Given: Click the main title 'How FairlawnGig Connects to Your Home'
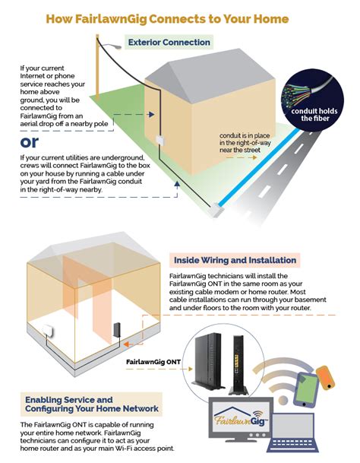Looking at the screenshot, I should [x=179, y=16].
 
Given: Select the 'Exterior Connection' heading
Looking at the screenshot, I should [x=169, y=42].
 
